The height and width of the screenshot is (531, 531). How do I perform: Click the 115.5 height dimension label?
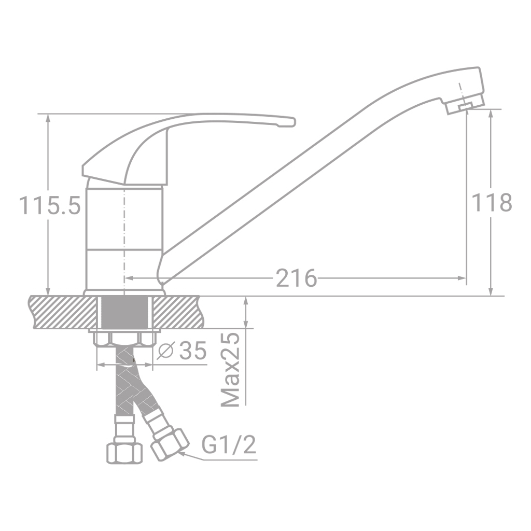50,206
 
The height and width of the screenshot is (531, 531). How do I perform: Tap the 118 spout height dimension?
491,202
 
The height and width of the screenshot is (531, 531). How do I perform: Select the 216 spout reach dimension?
296,278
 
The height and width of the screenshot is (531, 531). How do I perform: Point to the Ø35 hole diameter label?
181,352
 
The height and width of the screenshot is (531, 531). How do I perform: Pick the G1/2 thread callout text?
229,445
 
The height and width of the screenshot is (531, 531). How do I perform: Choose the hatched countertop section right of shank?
176,312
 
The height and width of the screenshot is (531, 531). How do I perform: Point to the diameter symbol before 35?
165,352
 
